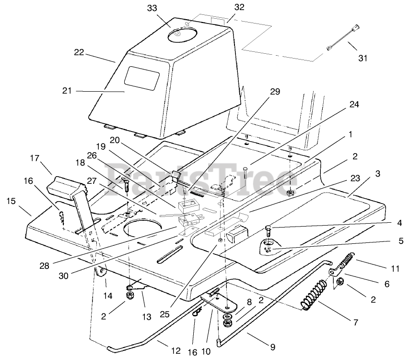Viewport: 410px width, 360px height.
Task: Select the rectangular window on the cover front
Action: pos(142,77)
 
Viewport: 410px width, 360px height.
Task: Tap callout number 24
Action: pos(354,105)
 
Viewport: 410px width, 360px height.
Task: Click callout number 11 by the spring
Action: pos(395,269)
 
